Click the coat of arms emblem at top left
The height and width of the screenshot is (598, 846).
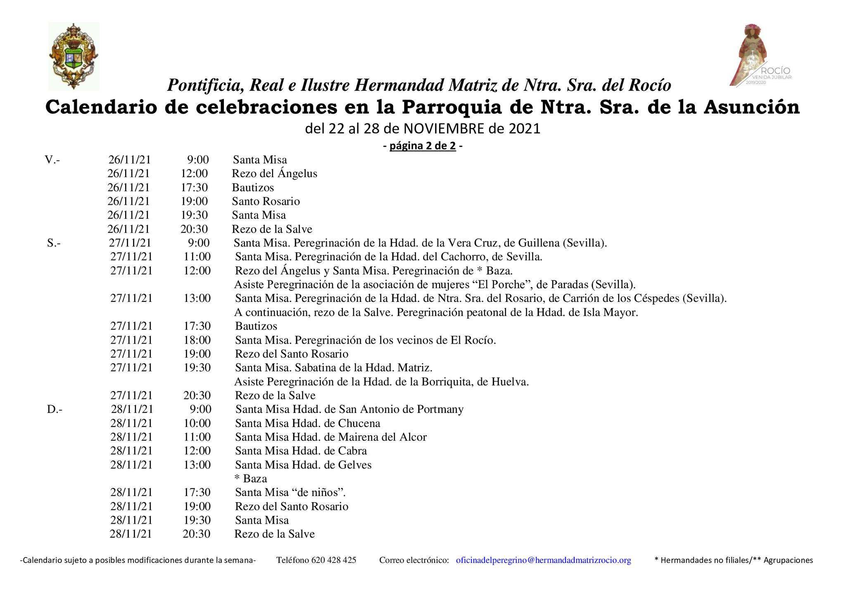tap(74, 56)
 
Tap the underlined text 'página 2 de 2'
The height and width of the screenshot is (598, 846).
tap(423, 146)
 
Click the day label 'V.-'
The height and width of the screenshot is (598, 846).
tap(52, 160)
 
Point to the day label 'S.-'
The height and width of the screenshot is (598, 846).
tap(54, 243)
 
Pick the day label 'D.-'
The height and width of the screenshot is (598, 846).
tap(55, 409)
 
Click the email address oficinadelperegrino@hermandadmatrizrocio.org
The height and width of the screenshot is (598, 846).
tap(543, 560)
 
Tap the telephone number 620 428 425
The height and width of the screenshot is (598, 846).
tap(333, 560)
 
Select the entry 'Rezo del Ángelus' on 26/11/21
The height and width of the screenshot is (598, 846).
tap(274, 173)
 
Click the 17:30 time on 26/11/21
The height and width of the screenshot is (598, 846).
tap(194, 187)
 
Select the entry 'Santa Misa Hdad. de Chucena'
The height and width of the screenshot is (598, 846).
tap(307, 423)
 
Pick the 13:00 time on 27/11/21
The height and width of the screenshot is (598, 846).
tap(197, 298)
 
